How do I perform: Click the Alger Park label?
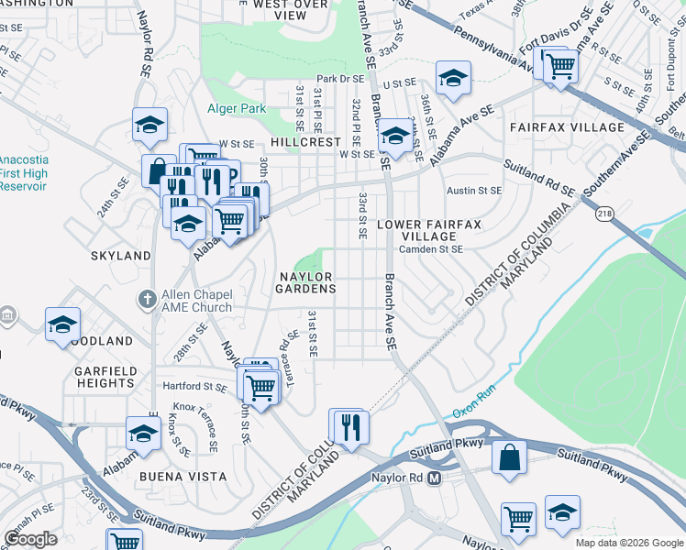pos(236,108)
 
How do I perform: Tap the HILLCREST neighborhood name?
pos(304,143)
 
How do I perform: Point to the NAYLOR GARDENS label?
pos(306,281)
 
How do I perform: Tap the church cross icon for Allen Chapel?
pos(147,300)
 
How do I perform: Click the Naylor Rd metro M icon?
pos(435,478)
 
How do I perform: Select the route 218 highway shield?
pos(605,213)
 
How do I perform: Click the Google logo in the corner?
pos(31,538)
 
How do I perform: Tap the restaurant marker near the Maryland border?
pos(349,426)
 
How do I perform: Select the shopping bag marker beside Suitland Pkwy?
pos(509,456)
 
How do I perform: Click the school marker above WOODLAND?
pos(62,324)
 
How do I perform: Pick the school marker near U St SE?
pos(452,79)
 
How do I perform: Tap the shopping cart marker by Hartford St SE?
pos(260,386)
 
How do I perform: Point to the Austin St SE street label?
pos(474,191)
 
